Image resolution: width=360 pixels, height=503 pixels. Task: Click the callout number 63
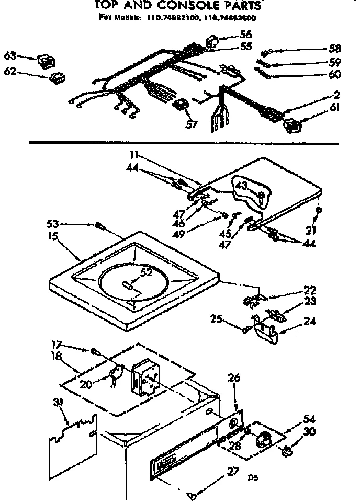[10, 55]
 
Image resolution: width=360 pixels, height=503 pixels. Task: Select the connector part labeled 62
[57, 78]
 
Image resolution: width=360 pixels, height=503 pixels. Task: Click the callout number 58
[335, 49]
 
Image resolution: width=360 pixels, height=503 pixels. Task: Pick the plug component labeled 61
[291, 126]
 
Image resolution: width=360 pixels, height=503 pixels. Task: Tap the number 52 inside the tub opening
[146, 271]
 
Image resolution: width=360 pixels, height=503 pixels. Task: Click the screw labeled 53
[99, 226]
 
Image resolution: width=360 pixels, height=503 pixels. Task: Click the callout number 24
[310, 323]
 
